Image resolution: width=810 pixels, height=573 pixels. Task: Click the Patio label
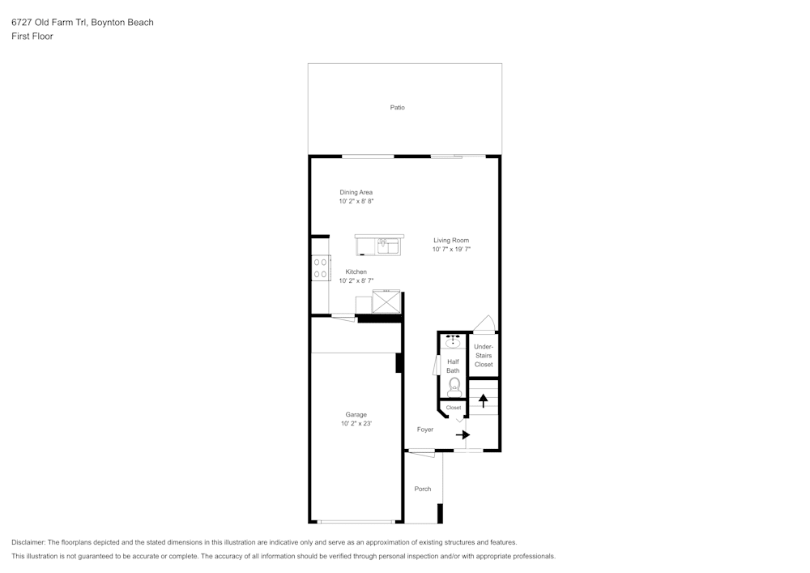click(397, 108)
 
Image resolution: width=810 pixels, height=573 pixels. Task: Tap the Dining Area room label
click(356, 192)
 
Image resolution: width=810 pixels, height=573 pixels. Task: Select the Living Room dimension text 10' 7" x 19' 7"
click(451, 250)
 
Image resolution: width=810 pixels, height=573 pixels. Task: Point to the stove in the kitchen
click(321, 267)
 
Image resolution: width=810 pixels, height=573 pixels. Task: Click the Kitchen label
click(356, 272)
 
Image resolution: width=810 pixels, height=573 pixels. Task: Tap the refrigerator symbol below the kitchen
click(386, 301)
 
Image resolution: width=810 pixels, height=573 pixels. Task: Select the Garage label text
click(356, 415)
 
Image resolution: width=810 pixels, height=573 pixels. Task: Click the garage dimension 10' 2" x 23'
click(356, 424)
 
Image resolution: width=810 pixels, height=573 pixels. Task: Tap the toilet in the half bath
click(454, 387)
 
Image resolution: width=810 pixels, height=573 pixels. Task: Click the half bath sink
click(453, 341)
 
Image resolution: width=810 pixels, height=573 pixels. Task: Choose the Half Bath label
click(453, 366)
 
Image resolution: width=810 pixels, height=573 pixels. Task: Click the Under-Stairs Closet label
click(484, 356)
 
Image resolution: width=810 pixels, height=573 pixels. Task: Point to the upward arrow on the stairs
click(484, 400)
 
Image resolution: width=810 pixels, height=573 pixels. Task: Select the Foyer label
click(424, 430)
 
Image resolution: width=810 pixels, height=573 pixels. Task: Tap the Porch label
click(422, 489)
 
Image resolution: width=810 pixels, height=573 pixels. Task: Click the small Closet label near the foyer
click(453, 408)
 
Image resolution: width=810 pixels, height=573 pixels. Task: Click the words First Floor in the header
click(32, 36)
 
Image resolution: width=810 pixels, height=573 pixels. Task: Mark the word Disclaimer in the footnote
click(28, 542)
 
